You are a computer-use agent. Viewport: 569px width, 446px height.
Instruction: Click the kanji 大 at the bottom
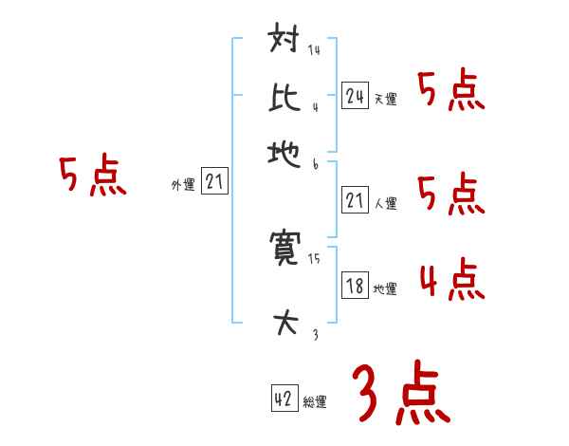pyautogui.click(x=286, y=325)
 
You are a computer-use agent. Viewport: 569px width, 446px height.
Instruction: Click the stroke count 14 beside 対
pyautogui.click(x=314, y=50)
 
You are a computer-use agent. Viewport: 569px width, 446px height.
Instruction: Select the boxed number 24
pyautogui.click(x=355, y=95)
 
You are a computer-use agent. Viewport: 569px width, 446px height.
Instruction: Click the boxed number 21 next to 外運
pyautogui.click(x=214, y=182)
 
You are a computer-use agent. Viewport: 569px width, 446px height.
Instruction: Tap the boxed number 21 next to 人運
pyautogui.click(x=355, y=200)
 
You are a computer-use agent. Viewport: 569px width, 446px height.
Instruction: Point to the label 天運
pyautogui.click(x=385, y=99)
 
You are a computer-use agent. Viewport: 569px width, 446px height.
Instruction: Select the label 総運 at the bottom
pyautogui.click(x=315, y=402)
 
